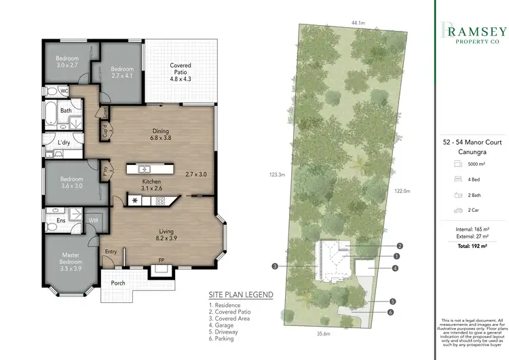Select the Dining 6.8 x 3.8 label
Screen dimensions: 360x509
(160, 135)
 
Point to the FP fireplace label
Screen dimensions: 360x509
(161, 260)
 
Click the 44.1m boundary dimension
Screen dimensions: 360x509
(358, 22)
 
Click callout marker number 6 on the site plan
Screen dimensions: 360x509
(392, 312)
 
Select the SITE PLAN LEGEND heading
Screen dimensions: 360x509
(241, 295)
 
